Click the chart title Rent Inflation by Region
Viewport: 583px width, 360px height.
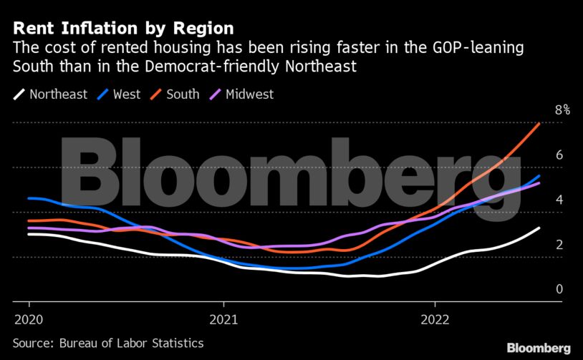click(122, 29)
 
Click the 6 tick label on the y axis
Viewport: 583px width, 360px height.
click(559, 155)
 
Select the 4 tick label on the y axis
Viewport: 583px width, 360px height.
click(559, 200)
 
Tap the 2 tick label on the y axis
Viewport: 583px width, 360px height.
click(559, 245)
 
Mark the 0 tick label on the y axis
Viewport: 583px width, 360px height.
click(559, 289)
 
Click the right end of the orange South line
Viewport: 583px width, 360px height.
click(539, 124)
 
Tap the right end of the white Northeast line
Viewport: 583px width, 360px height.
click(539, 228)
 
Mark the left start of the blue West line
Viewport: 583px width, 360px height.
click(29, 198)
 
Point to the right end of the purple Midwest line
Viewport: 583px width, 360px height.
click(539, 183)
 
